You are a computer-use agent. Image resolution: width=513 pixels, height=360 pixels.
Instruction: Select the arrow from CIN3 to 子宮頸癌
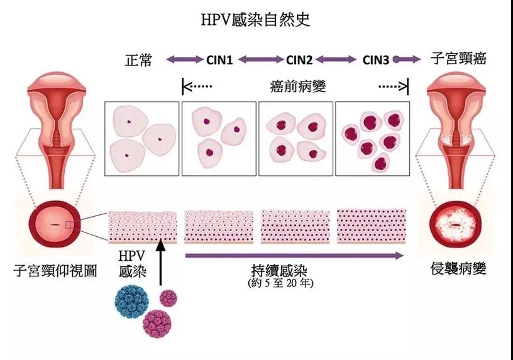click(x=406, y=60)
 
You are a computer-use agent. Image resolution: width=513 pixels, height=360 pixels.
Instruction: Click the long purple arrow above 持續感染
click(x=295, y=255)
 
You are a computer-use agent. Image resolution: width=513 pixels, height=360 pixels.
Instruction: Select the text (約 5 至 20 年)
click(x=280, y=283)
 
